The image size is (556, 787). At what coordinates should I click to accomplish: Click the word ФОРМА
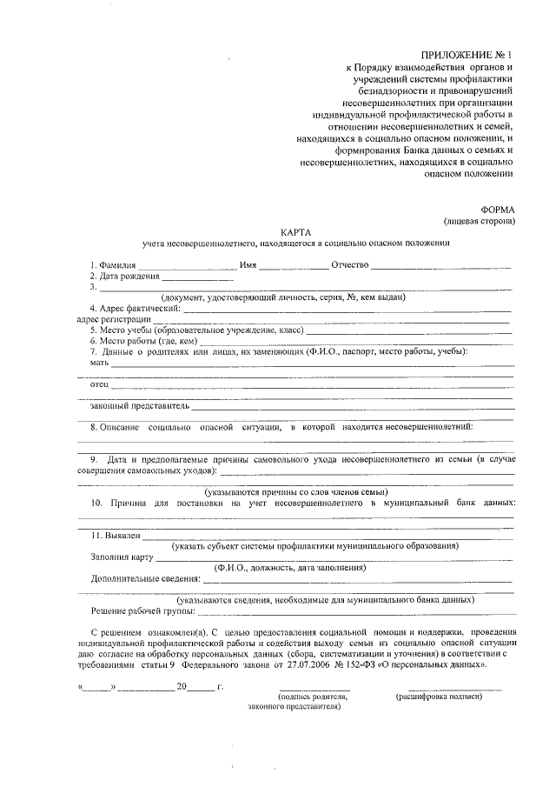(x=498, y=210)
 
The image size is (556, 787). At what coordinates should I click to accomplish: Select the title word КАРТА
(x=296, y=232)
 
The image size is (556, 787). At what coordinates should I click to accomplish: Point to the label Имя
(x=248, y=264)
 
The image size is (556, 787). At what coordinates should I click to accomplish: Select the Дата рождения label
(x=129, y=276)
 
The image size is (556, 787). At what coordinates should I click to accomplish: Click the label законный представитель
(x=139, y=405)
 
